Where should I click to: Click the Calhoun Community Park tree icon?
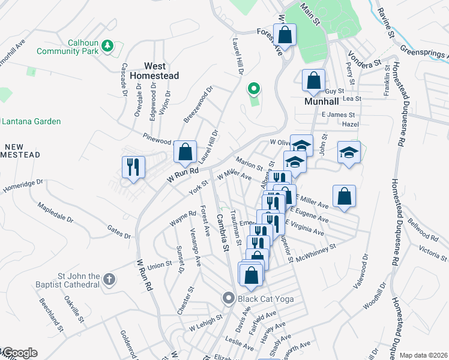point(107,46)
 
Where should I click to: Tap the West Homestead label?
point(163,71)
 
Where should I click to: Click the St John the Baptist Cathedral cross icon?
point(109,280)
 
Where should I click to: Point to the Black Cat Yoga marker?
point(228,298)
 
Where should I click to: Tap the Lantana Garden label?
point(31,121)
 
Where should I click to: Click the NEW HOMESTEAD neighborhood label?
point(20,151)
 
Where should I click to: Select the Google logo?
point(19,353)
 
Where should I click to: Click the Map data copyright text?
point(423,355)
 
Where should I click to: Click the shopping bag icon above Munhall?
point(313,80)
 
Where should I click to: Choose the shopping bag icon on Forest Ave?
point(285,34)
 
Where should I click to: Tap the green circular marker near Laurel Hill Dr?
point(253,89)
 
